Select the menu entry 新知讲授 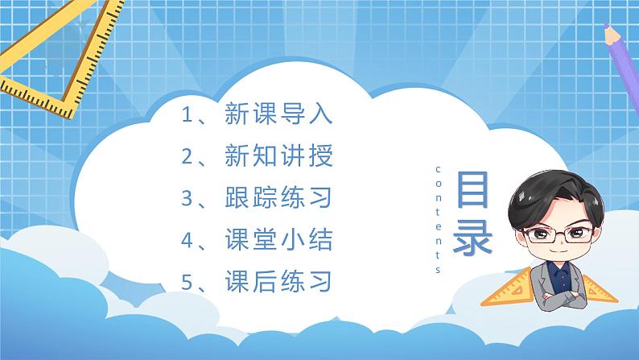coord(278,156)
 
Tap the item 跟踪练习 coord(278,198)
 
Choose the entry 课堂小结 coord(278,240)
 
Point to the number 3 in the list coord(187,198)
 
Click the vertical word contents coord(438,219)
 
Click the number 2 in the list coord(187,156)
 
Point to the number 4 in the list coord(187,240)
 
